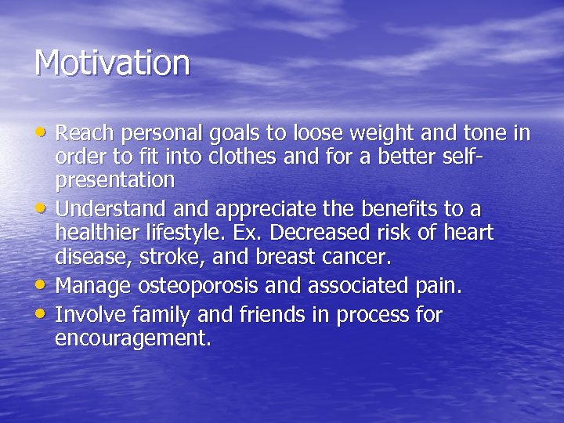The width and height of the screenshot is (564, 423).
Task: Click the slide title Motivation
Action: click(x=112, y=63)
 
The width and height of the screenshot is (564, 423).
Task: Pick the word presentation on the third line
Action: click(x=114, y=181)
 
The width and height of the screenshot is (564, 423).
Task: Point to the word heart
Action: click(x=467, y=233)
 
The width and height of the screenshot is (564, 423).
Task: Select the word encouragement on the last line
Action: click(x=132, y=339)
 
